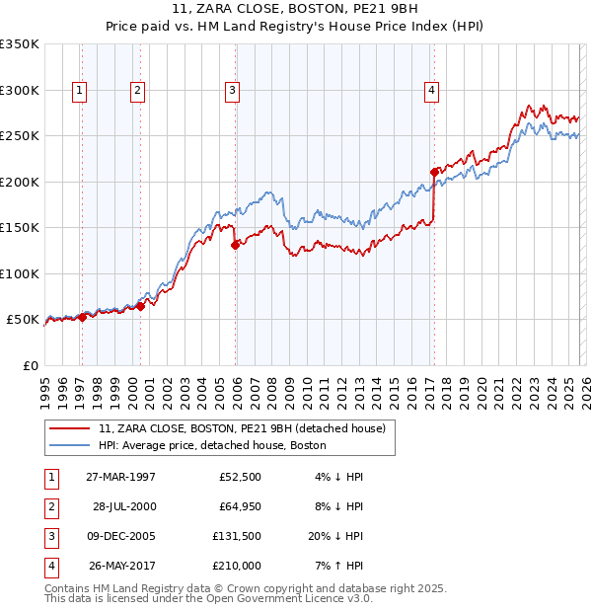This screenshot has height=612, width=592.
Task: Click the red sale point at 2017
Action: pos(434,172)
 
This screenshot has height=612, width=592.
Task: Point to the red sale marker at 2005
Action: pos(235,245)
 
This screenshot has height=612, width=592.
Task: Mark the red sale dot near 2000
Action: pos(140,306)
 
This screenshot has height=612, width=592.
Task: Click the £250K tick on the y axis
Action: pos(20,136)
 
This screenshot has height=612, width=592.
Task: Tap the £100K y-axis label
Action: pos(20,273)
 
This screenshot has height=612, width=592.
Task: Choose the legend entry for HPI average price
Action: pos(212,445)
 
